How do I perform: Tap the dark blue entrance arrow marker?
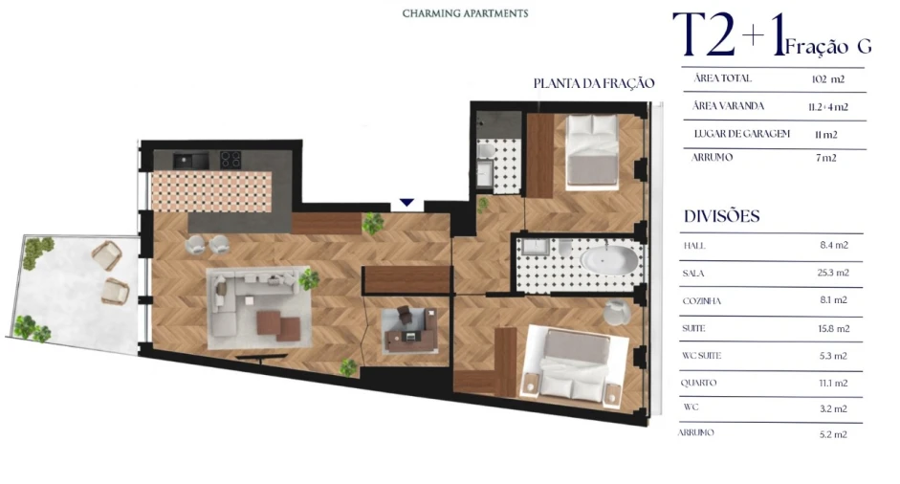[x=406, y=203]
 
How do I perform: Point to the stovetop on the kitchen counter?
[x=230, y=160]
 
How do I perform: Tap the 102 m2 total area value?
[x=827, y=79]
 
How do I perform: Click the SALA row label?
[x=694, y=273]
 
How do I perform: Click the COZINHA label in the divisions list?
[x=702, y=300]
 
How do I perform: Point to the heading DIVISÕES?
[x=722, y=216]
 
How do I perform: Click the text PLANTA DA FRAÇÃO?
[x=593, y=83]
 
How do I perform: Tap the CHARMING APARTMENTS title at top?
[x=465, y=13]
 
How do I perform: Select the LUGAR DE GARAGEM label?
[x=741, y=134]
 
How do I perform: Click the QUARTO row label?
[x=700, y=383]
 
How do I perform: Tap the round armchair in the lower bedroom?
[x=617, y=312]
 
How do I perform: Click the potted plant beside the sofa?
[x=308, y=279]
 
